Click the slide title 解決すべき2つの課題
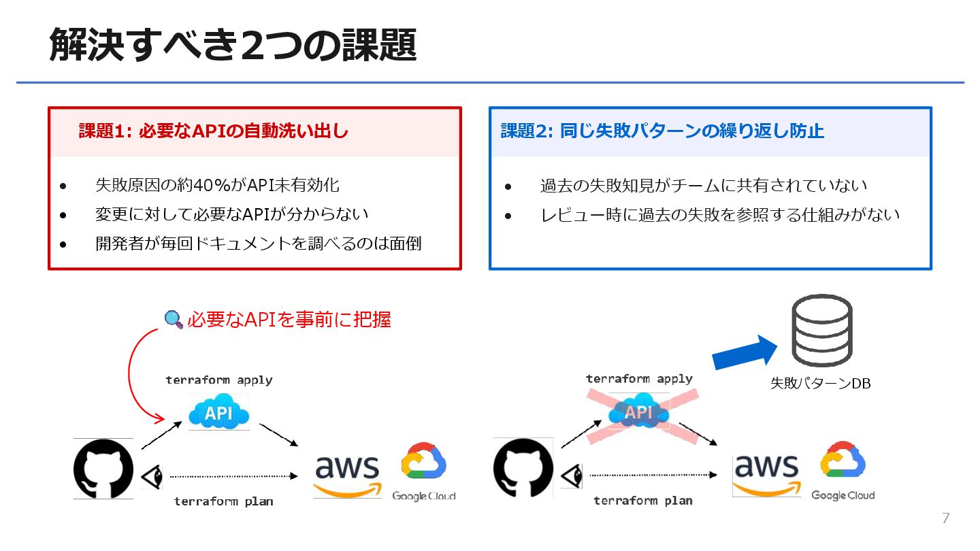[x=232, y=46]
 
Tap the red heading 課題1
[x=213, y=131]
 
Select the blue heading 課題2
[x=661, y=131]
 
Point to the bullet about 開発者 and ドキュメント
[x=258, y=243]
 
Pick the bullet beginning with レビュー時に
[x=720, y=215]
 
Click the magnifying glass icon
[x=174, y=319]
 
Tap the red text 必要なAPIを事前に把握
[x=289, y=319]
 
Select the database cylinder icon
[x=821, y=330]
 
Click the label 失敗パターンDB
[x=820, y=384]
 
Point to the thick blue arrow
[x=744, y=353]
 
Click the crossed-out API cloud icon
[x=638, y=412]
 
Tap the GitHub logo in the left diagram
[x=103, y=469]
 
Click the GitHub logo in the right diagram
[x=523, y=469]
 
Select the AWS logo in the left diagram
[x=348, y=475]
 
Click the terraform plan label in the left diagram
[x=223, y=501]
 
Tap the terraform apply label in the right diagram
[x=639, y=379]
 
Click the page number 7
[x=945, y=518]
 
